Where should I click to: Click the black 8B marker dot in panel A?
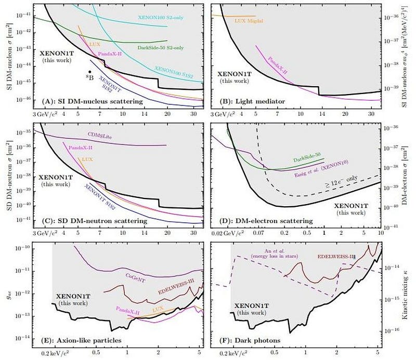pyautogui.click(x=90, y=72)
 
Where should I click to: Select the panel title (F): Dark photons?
pyautogui.click(x=248, y=340)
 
